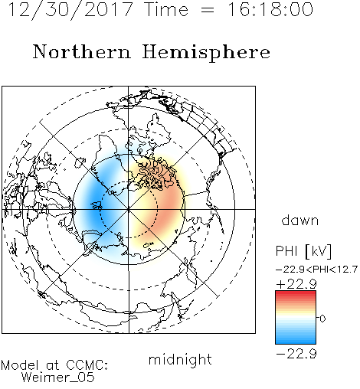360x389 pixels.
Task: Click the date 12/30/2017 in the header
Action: click(x=70, y=10)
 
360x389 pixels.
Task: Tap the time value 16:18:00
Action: click(x=270, y=9)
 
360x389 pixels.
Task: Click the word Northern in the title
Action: click(x=82, y=51)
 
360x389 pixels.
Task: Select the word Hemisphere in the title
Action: click(x=206, y=52)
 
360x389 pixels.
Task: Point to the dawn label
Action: click(x=300, y=220)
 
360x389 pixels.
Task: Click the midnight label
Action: click(x=180, y=359)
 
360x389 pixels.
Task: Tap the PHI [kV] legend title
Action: click(x=303, y=251)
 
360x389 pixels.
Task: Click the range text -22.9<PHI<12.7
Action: click(x=316, y=269)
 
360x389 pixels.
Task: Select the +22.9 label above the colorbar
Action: click(x=296, y=284)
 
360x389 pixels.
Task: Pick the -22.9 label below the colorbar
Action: click(x=296, y=354)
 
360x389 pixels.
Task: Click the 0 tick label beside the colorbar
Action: click(x=322, y=319)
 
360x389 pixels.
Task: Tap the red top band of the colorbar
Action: click(x=296, y=294)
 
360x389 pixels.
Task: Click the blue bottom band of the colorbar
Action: click(x=296, y=340)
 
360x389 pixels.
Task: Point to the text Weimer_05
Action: click(x=57, y=378)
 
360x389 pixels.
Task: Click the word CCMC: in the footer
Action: click(x=87, y=365)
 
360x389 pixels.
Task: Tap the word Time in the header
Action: click(x=166, y=10)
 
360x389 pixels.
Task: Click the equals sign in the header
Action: click(x=208, y=10)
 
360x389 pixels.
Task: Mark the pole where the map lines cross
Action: click(x=129, y=209)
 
